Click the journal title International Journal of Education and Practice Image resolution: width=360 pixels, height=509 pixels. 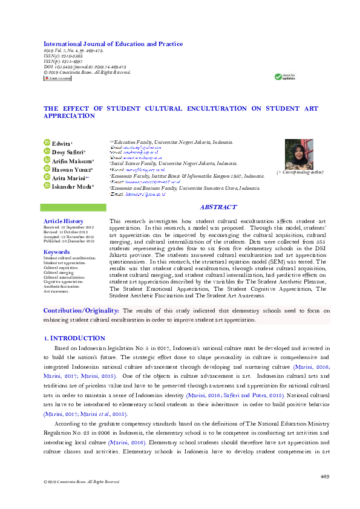[x=113, y=44]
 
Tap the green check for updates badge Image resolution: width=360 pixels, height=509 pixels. [x=285, y=77]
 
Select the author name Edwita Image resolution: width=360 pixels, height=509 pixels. [x=62, y=143]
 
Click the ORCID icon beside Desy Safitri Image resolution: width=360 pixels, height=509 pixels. [x=47, y=152]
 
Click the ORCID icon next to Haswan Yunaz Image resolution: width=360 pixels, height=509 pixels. [x=47, y=169]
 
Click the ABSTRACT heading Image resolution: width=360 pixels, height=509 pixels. [x=218, y=207]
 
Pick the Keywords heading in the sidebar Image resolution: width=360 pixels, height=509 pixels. [x=57, y=251]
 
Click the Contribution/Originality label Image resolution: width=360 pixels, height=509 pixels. [x=80, y=310]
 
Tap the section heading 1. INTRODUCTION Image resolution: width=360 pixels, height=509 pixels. [x=74, y=338]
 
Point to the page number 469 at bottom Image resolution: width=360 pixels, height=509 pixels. [x=324, y=477]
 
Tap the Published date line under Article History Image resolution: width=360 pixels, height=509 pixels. [x=69, y=241]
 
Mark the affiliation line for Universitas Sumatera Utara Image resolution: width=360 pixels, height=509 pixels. [x=185, y=188]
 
